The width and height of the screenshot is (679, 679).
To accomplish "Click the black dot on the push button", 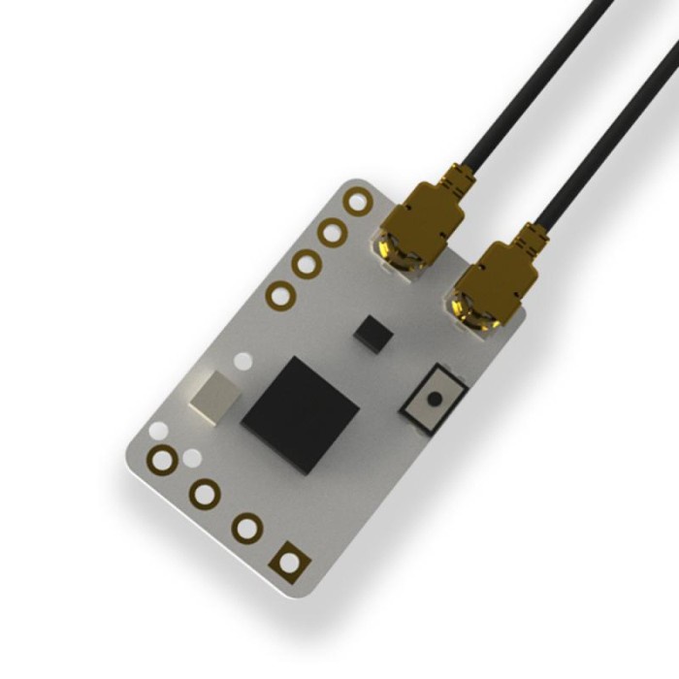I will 434,398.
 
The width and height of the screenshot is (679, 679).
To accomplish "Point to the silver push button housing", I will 434,397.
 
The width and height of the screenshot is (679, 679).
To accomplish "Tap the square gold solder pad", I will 289,560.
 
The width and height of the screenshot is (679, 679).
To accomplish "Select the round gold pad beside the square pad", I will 247,528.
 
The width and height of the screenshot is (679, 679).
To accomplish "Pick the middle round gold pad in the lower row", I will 206,494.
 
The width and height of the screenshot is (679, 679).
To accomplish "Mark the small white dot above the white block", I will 243,362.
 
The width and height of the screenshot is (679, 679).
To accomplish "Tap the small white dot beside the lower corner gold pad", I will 192,456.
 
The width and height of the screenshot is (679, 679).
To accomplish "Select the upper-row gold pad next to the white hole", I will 333,232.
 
